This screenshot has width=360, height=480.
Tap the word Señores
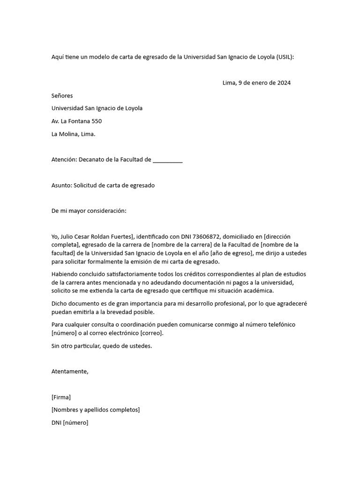pyautogui.click(x=62, y=96)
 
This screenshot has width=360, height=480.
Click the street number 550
pyautogui.click(x=97, y=121)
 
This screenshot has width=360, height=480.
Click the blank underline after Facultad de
pyautogui.click(x=167, y=160)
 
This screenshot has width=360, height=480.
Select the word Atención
pyautogui.click(x=64, y=160)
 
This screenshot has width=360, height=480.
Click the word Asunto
pyautogui.click(x=61, y=185)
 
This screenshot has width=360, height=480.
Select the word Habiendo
pyautogui.click(x=65, y=274)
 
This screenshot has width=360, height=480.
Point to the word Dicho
pyautogui.click(x=60, y=303)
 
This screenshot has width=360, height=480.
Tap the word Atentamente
pyautogui.click(x=70, y=371)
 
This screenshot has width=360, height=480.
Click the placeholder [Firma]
pyautogui.click(x=61, y=397)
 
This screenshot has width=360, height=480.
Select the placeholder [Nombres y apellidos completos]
pyautogui.click(x=96, y=410)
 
